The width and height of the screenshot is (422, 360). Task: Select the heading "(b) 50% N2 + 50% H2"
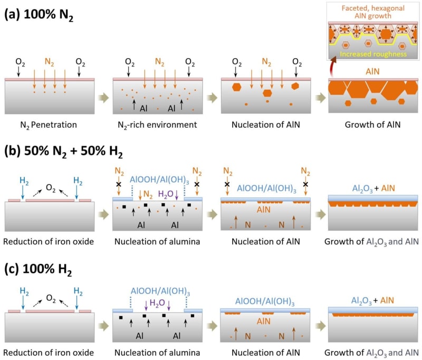tap(64, 153)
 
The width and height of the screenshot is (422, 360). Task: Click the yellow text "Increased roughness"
tap(374, 53)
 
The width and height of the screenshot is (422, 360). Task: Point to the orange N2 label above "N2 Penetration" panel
tap(49, 62)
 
